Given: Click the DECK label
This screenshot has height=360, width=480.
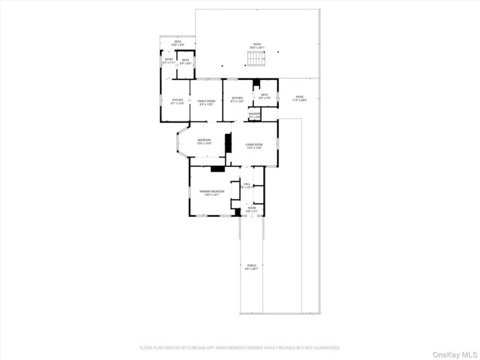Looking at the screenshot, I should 178,42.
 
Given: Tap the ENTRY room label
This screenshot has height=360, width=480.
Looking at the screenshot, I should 169,60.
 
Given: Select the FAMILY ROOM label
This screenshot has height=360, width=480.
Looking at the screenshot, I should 206,101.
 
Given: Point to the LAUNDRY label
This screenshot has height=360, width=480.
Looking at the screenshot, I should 255,113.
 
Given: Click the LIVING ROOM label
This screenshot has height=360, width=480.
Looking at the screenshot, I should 255,144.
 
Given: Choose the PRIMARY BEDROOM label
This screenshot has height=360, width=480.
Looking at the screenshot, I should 212,191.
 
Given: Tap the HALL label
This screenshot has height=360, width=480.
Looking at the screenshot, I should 247,184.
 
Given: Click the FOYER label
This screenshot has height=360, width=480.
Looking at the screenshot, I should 252,208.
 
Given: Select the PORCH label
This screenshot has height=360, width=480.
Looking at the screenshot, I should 251,266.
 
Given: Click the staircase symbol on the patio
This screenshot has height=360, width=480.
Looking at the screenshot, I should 256,59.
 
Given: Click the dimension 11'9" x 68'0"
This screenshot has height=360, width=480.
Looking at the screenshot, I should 300,100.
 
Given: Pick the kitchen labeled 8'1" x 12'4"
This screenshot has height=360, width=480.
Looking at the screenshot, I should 178,101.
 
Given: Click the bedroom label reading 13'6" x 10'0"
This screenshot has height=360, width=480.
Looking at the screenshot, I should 204,143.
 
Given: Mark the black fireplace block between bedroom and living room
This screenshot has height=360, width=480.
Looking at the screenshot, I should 228,143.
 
